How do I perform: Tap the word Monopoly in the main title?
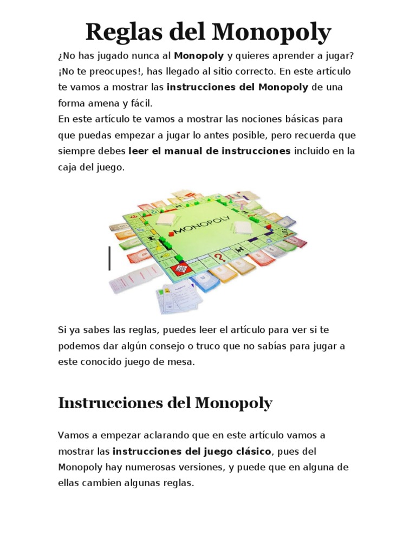[x=271, y=33]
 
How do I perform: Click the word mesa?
[x=183, y=362]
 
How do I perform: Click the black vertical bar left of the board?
[x=109, y=258]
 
